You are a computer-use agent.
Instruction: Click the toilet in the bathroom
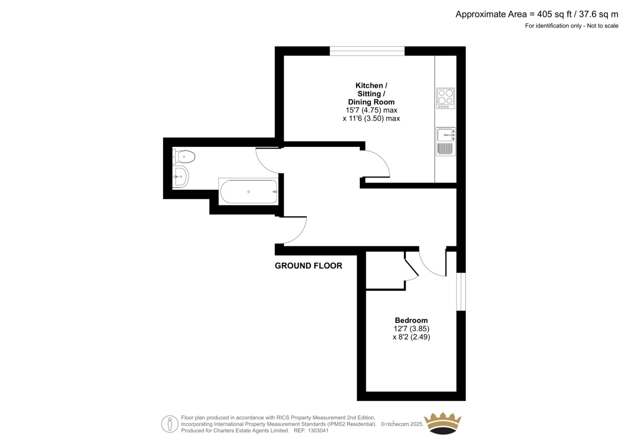(184, 157)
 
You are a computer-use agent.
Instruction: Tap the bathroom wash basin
(180, 177)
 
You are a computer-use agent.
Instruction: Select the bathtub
(248, 192)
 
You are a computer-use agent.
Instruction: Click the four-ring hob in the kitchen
(446, 98)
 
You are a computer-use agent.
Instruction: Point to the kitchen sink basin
(446, 135)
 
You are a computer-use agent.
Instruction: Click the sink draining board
(446, 149)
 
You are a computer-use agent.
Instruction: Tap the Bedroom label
(411, 320)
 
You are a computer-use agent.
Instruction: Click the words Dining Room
(371, 102)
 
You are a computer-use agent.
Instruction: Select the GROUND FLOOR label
(308, 266)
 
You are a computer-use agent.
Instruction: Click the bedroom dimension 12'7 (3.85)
(411, 328)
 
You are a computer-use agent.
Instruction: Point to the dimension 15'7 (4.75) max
(371, 110)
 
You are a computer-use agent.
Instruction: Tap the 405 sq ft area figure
(554, 14)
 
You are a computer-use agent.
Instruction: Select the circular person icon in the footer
(169, 424)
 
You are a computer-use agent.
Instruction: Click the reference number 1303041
(318, 430)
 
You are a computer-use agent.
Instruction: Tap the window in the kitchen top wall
(367, 51)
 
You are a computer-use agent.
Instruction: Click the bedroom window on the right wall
(461, 292)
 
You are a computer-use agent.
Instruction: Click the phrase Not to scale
(603, 26)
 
